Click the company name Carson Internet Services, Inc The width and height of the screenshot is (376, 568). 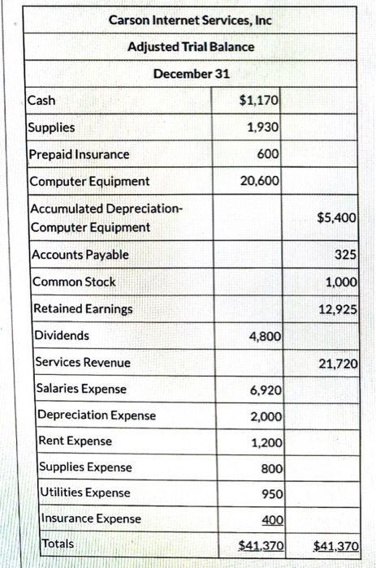point(190,19)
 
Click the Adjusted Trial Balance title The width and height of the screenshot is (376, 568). point(190,46)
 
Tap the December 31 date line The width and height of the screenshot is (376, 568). point(191,74)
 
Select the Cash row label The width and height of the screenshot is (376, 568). point(42,101)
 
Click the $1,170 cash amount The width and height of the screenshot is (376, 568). point(260,101)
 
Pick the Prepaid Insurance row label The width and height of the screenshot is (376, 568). point(79,154)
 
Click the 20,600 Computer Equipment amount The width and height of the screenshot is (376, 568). point(261,181)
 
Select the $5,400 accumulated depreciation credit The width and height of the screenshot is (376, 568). point(336,217)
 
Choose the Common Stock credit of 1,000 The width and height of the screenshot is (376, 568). point(341,282)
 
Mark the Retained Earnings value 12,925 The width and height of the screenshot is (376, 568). point(337,308)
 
